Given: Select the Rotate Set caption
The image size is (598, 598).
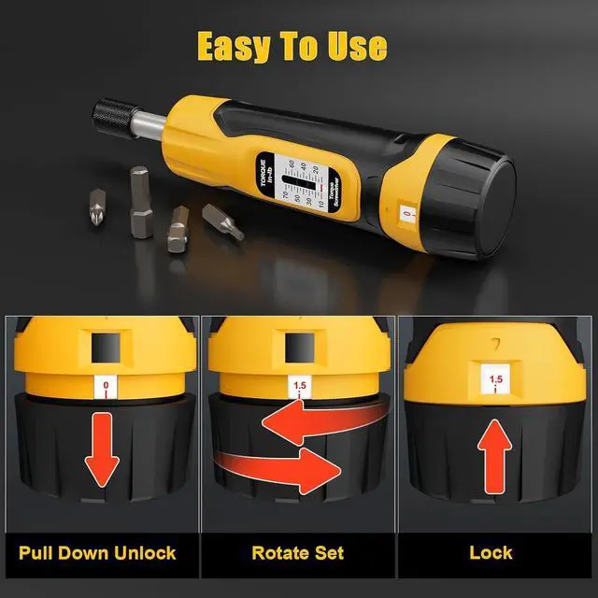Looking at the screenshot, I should click(297, 551).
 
